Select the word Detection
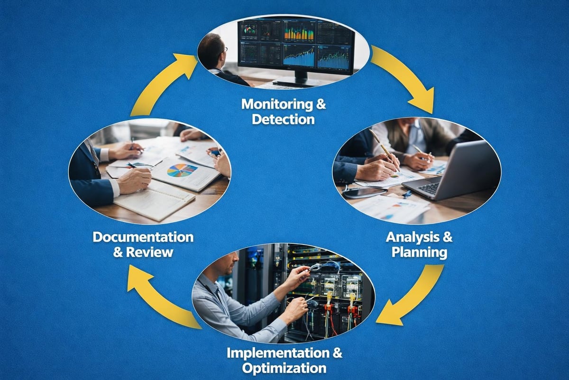[x=283, y=119]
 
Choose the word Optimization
[x=284, y=368]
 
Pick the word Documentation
[x=143, y=237]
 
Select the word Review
[x=150, y=252]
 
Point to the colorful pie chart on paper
[x=182, y=170]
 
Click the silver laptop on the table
[x=450, y=173]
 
